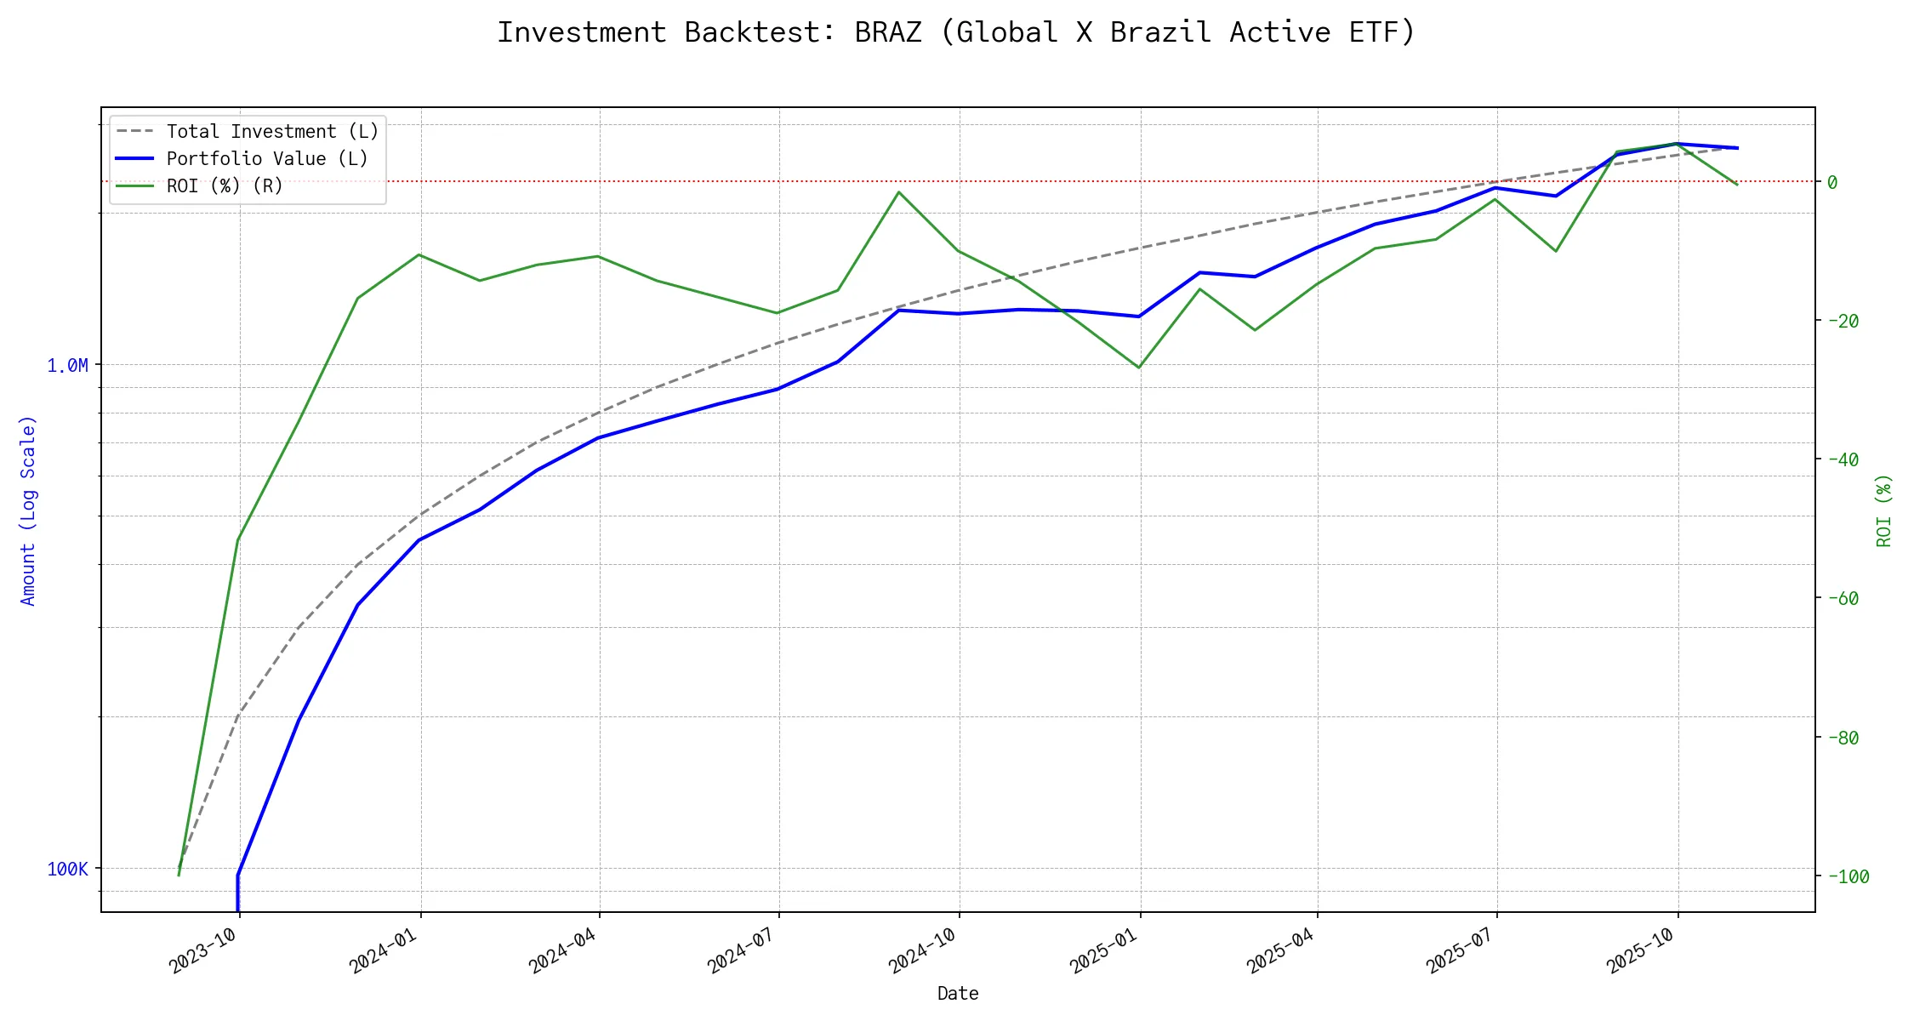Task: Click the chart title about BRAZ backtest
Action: [956, 32]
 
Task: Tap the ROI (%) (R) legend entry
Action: [225, 186]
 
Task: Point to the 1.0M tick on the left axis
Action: [67, 366]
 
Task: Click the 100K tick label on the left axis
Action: [67, 870]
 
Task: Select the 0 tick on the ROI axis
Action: [1832, 182]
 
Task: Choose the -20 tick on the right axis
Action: [1842, 321]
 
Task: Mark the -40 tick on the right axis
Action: [1842, 459]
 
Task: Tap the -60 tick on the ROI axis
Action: [1842, 598]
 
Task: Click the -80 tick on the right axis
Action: [1842, 738]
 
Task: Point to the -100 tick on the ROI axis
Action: [1846, 876]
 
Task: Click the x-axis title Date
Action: [958, 994]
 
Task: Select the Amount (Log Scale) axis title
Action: [29, 510]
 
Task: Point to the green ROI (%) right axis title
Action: [1883, 510]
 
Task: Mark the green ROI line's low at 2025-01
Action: [1139, 368]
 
